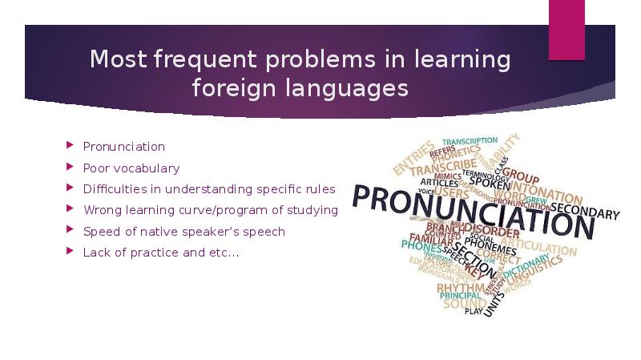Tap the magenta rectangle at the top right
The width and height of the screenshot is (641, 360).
click(x=566, y=30)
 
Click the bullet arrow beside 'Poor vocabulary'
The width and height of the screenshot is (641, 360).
click(x=70, y=168)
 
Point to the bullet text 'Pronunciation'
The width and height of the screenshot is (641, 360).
click(x=124, y=147)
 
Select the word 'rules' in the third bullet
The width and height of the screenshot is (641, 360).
click(x=320, y=189)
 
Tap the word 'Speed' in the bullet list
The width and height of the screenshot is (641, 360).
click(x=99, y=232)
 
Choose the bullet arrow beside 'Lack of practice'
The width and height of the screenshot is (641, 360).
click(x=70, y=253)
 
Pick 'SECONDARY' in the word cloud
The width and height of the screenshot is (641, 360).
click(x=584, y=212)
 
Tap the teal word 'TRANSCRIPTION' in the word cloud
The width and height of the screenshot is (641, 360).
click(x=470, y=141)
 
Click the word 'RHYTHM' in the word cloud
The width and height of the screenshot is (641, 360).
click(x=460, y=288)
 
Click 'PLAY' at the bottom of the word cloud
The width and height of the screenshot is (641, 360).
click(x=474, y=311)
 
